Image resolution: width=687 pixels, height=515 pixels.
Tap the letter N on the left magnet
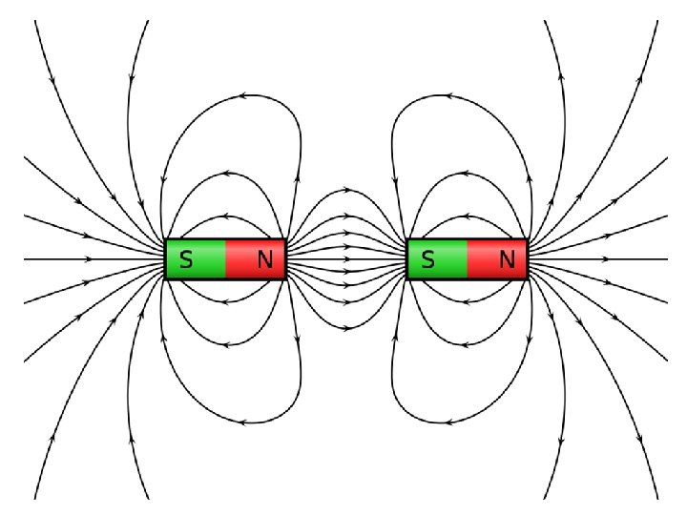click(265, 258)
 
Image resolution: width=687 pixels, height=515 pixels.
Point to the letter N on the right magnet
click(508, 258)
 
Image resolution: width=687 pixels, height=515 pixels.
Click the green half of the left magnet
click(197, 258)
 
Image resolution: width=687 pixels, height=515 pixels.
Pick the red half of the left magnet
click(255, 258)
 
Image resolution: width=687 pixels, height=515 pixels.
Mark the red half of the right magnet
click(497, 258)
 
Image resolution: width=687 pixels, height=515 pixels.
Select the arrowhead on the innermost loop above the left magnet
click(224, 218)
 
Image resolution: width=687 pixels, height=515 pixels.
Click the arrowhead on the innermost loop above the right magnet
click(467, 218)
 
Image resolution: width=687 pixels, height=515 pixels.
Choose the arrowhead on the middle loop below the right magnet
click(467, 345)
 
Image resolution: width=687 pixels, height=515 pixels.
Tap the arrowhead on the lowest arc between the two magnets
click(346, 327)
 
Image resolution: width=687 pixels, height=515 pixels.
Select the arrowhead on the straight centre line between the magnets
click(346, 258)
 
